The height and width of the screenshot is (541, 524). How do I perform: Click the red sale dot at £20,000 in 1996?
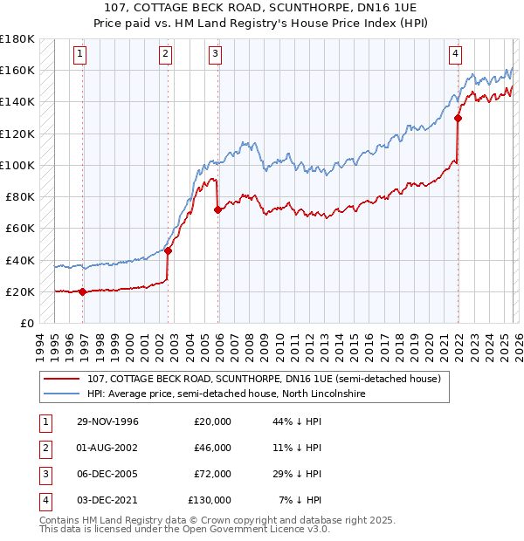coord(83,292)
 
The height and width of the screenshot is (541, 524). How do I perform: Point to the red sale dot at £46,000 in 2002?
coord(168,251)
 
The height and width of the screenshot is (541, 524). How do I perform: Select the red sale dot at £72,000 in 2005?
coord(217,209)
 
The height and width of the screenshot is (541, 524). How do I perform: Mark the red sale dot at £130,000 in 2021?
coord(458,118)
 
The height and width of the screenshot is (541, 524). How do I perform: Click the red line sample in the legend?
coord(61,380)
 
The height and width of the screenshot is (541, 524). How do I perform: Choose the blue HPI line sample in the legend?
coord(61,394)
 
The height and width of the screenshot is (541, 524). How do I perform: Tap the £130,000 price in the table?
coord(210,500)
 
